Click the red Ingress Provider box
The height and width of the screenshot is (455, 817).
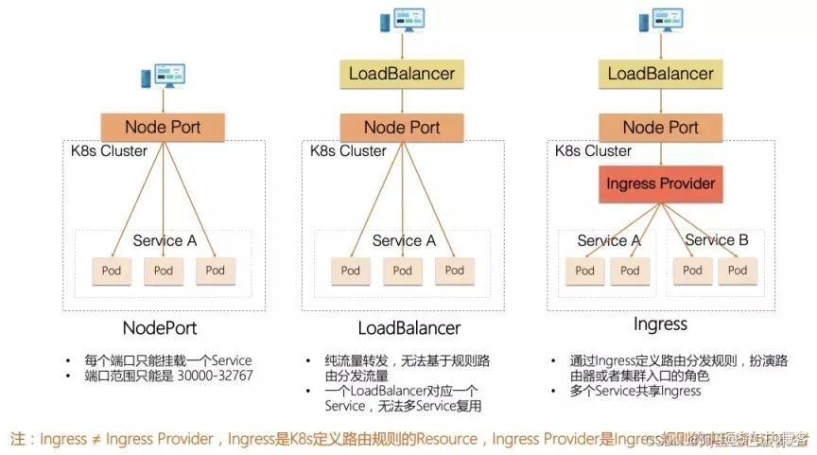[660, 183]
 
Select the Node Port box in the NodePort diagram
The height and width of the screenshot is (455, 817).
[164, 127]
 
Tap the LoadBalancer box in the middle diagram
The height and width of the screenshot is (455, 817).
[402, 74]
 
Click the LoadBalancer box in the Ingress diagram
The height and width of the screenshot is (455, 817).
[661, 74]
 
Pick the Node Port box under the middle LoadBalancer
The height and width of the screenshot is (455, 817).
[402, 128]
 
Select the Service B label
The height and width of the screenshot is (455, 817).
[716, 240]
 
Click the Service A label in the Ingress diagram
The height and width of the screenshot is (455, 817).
[609, 240]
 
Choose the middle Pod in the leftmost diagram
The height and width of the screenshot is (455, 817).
[164, 271]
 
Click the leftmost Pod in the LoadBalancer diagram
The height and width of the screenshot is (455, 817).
[351, 271]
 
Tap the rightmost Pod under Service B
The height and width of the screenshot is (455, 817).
[736, 271]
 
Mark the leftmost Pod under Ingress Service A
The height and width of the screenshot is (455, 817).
[585, 271]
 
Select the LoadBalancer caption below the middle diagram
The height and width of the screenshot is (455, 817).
[408, 327]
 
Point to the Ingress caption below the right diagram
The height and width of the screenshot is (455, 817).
[660, 324]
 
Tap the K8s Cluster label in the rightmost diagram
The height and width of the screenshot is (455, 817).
[593, 151]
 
